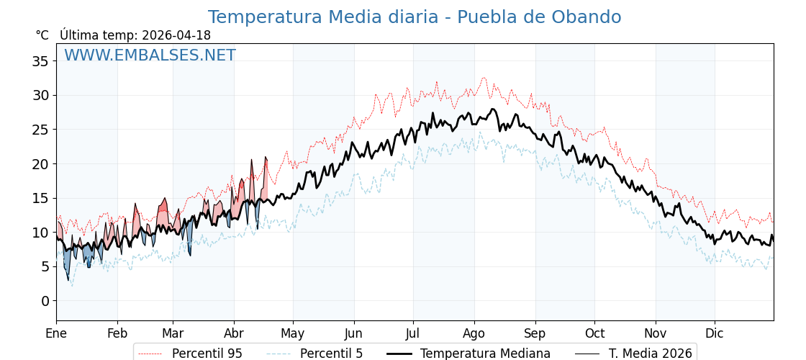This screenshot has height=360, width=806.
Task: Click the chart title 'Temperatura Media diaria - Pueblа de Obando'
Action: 415,17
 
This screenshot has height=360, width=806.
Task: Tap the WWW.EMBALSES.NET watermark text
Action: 150,56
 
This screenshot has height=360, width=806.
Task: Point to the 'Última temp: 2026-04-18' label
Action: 135,35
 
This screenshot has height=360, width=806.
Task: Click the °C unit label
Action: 42,35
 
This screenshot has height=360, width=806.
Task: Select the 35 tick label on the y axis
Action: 40,61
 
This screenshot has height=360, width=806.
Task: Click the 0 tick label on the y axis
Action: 45,301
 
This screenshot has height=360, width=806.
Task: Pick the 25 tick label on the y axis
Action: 40,130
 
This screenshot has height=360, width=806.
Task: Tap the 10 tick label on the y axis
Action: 40,233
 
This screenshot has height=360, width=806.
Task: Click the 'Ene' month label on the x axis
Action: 56,334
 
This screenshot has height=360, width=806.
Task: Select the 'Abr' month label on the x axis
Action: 234,334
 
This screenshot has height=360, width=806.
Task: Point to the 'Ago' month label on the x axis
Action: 474,334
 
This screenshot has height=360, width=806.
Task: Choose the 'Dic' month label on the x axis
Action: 715,334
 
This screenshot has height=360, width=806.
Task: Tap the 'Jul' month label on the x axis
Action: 413,334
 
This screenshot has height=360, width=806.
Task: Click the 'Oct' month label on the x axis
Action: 594,334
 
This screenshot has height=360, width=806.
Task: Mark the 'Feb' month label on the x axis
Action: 117,334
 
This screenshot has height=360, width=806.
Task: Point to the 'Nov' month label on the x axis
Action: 656,334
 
